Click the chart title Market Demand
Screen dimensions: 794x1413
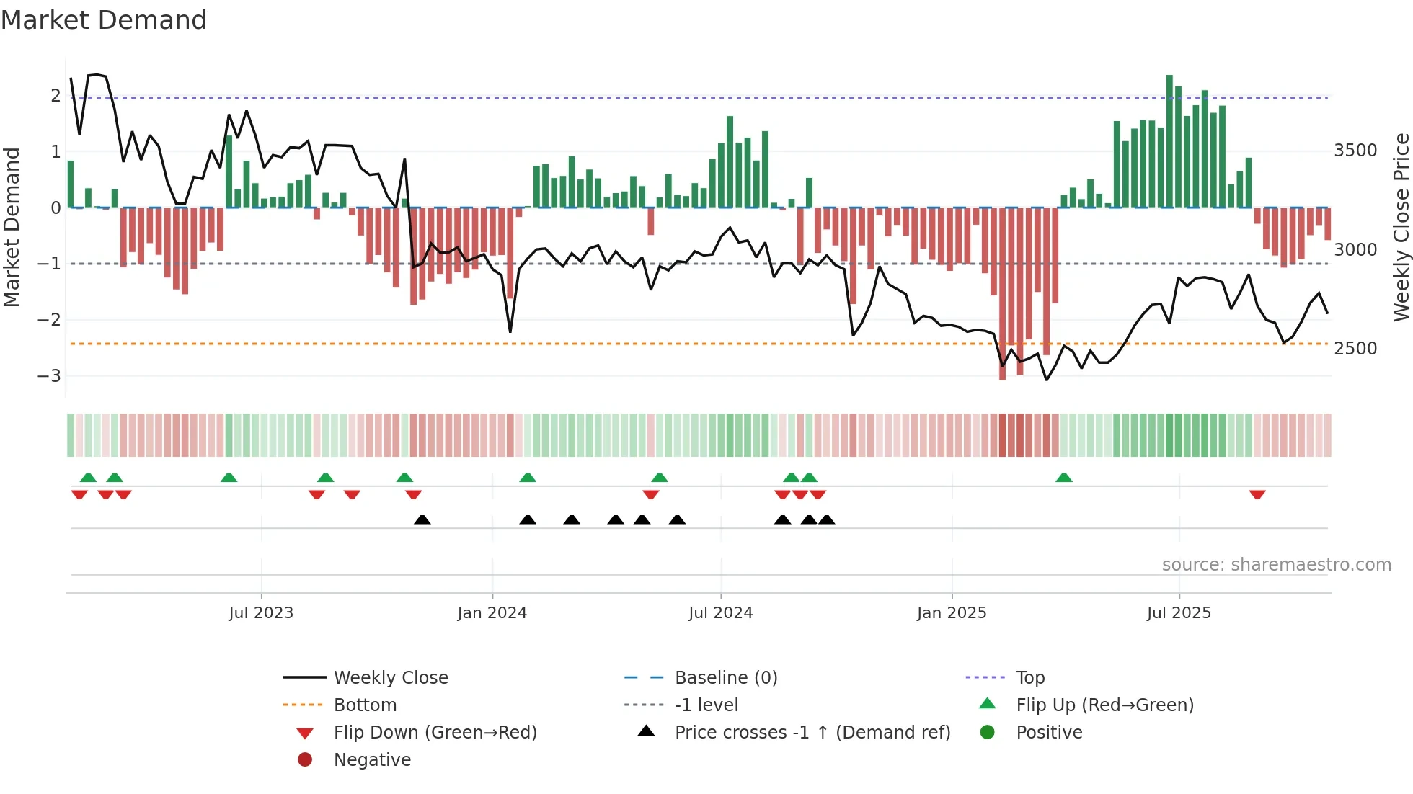coord(104,19)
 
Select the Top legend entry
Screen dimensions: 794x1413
coord(1030,677)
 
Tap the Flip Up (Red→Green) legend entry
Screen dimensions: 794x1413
coord(1104,705)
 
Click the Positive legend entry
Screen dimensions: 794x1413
coord(1049,732)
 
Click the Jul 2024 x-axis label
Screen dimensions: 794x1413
coord(720,612)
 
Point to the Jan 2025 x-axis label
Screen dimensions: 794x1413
coord(951,612)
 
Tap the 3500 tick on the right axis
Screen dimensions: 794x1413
coord(1355,150)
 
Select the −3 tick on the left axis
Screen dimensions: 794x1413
coord(50,375)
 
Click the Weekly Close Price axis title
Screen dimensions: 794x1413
coord(1401,227)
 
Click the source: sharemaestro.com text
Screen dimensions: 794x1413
coord(1276,564)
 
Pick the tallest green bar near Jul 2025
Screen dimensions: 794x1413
coord(1169,140)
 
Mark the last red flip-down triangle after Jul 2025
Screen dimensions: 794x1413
coord(1257,494)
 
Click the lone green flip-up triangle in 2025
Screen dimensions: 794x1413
coord(1063,478)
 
